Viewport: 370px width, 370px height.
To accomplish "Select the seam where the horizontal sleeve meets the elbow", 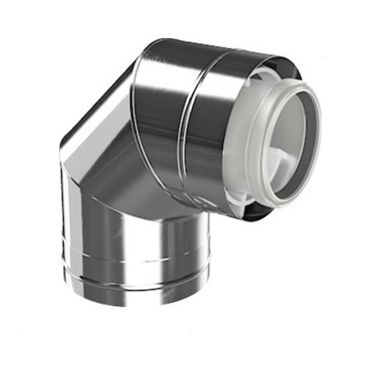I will point(137,122).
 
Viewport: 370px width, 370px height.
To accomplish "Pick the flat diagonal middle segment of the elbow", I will point(107,148).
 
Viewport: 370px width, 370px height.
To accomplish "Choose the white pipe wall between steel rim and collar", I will point(237,148).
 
